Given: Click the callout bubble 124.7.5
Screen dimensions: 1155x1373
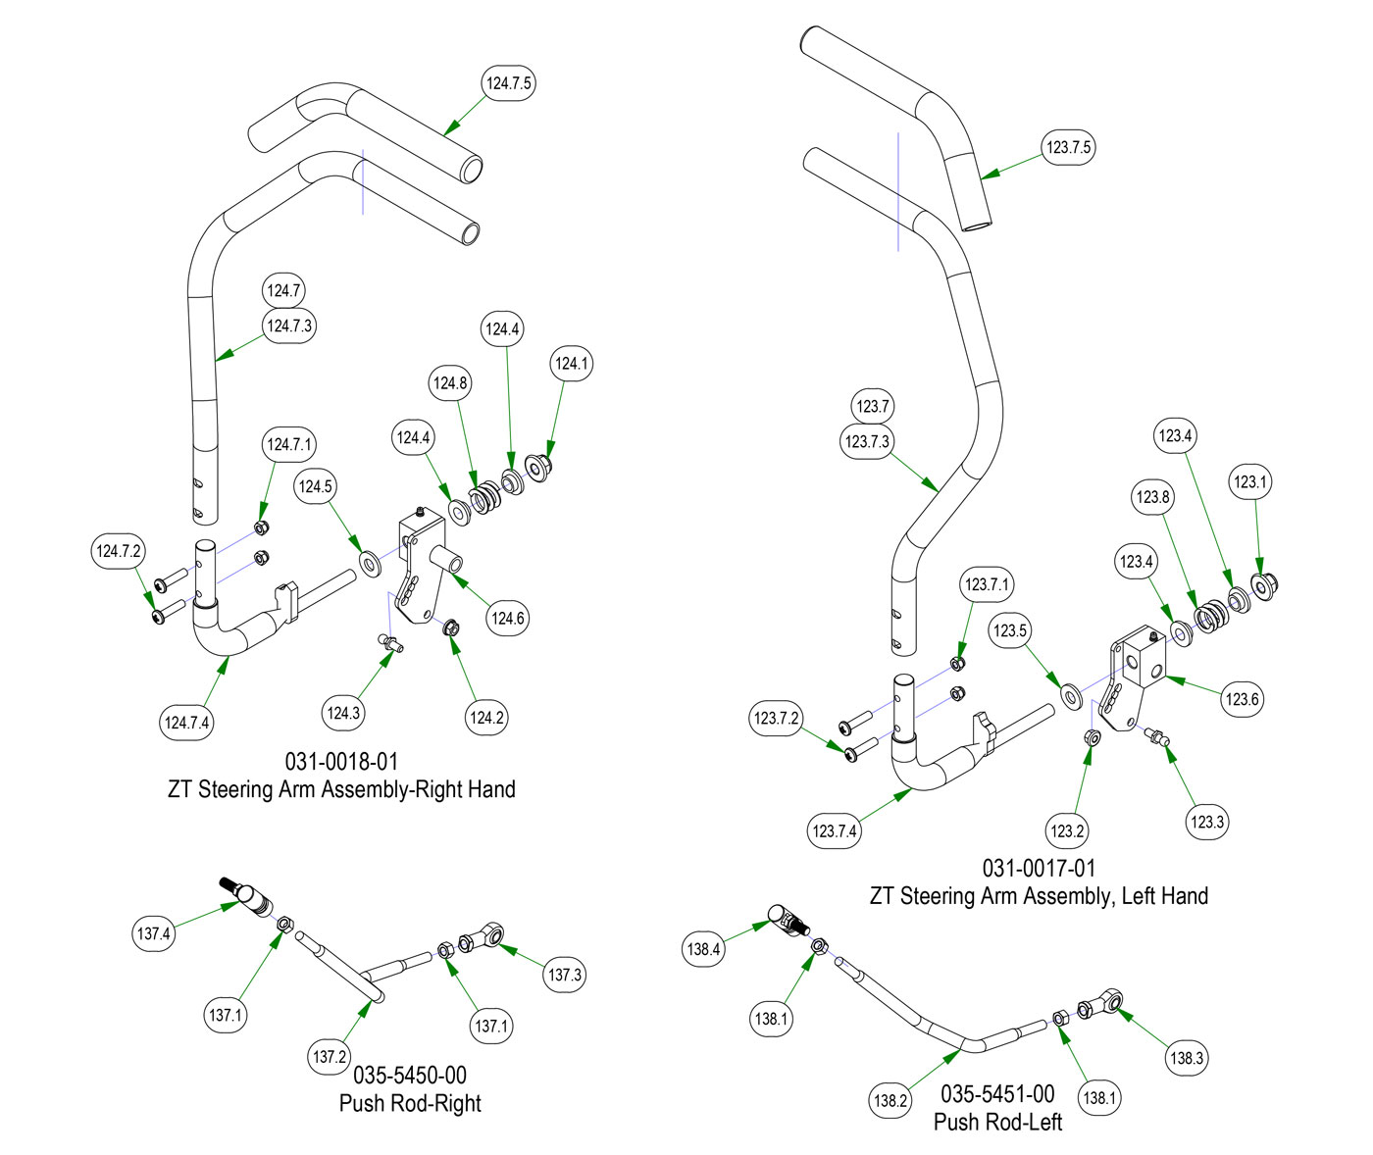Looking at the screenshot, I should [x=509, y=83].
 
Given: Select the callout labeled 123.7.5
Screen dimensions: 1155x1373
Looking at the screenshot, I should [x=1068, y=147].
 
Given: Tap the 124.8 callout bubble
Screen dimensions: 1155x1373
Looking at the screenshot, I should [x=450, y=383].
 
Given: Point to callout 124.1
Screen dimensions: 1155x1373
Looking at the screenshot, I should [x=572, y=364].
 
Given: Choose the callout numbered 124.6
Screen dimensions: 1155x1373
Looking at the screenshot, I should [x=508, y=618].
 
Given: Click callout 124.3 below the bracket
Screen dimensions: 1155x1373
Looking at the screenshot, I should [x=343, y=713].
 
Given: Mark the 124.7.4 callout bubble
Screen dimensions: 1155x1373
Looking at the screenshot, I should [x=186, y=723].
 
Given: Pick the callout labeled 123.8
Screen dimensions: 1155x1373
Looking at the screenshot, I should [x=1153, y=497].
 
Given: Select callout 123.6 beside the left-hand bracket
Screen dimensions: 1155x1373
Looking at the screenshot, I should [x=1242, y=699].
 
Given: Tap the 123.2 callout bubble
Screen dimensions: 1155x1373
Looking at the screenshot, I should [x=1067, y=831].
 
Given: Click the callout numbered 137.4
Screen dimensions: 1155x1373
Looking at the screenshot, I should [x=154, y=933].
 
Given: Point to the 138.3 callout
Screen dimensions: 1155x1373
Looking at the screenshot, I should [x=1187, y=1058].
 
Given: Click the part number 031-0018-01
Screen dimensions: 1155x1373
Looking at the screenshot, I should [x=341, y=762].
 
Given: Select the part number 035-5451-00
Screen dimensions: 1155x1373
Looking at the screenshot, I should [x=997, y=1094].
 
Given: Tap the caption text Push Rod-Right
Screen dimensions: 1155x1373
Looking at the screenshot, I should [x=410, y=1103].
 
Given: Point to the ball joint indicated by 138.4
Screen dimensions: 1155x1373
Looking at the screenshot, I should [x=786, y=920].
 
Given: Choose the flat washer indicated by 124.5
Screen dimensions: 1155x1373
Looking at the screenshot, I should [x=372, y=565].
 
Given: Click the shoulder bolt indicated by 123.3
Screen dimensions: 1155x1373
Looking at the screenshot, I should [x=1158, y=737].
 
